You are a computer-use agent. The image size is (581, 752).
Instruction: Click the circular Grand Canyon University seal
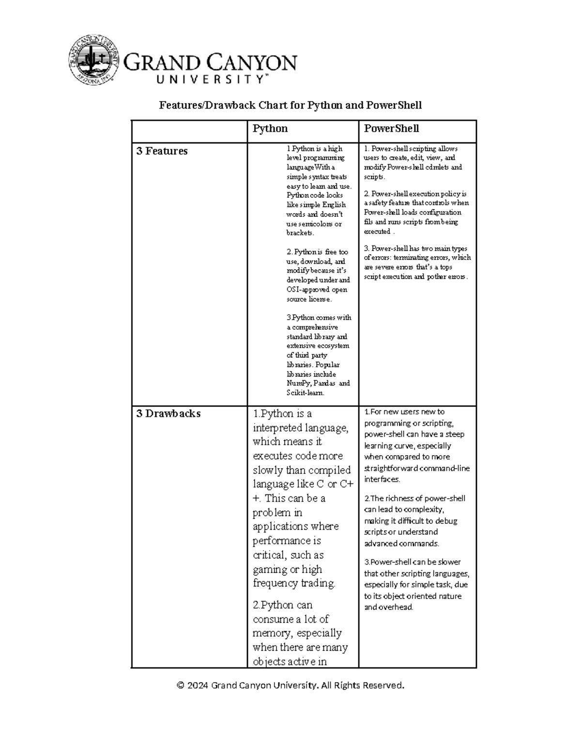(x=93, y=59)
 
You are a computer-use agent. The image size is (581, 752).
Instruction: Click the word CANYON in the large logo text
(x=253, y=63)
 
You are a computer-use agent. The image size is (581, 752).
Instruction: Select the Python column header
(x=270, y=129)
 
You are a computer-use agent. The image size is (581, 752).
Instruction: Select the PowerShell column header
(x=391, y=129)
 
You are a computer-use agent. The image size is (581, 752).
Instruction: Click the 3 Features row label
(x=162, y=151)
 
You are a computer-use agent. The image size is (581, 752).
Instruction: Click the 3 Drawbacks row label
(x=168, y=414)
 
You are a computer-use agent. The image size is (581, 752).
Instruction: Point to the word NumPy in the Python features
(x=297, y=384)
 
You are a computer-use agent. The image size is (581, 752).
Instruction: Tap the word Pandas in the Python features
(x=324, y=384)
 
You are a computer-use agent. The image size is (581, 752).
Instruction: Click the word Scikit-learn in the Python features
(x=305, y=393)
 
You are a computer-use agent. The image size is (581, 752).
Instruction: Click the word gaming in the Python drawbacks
(x=269, y=569)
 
